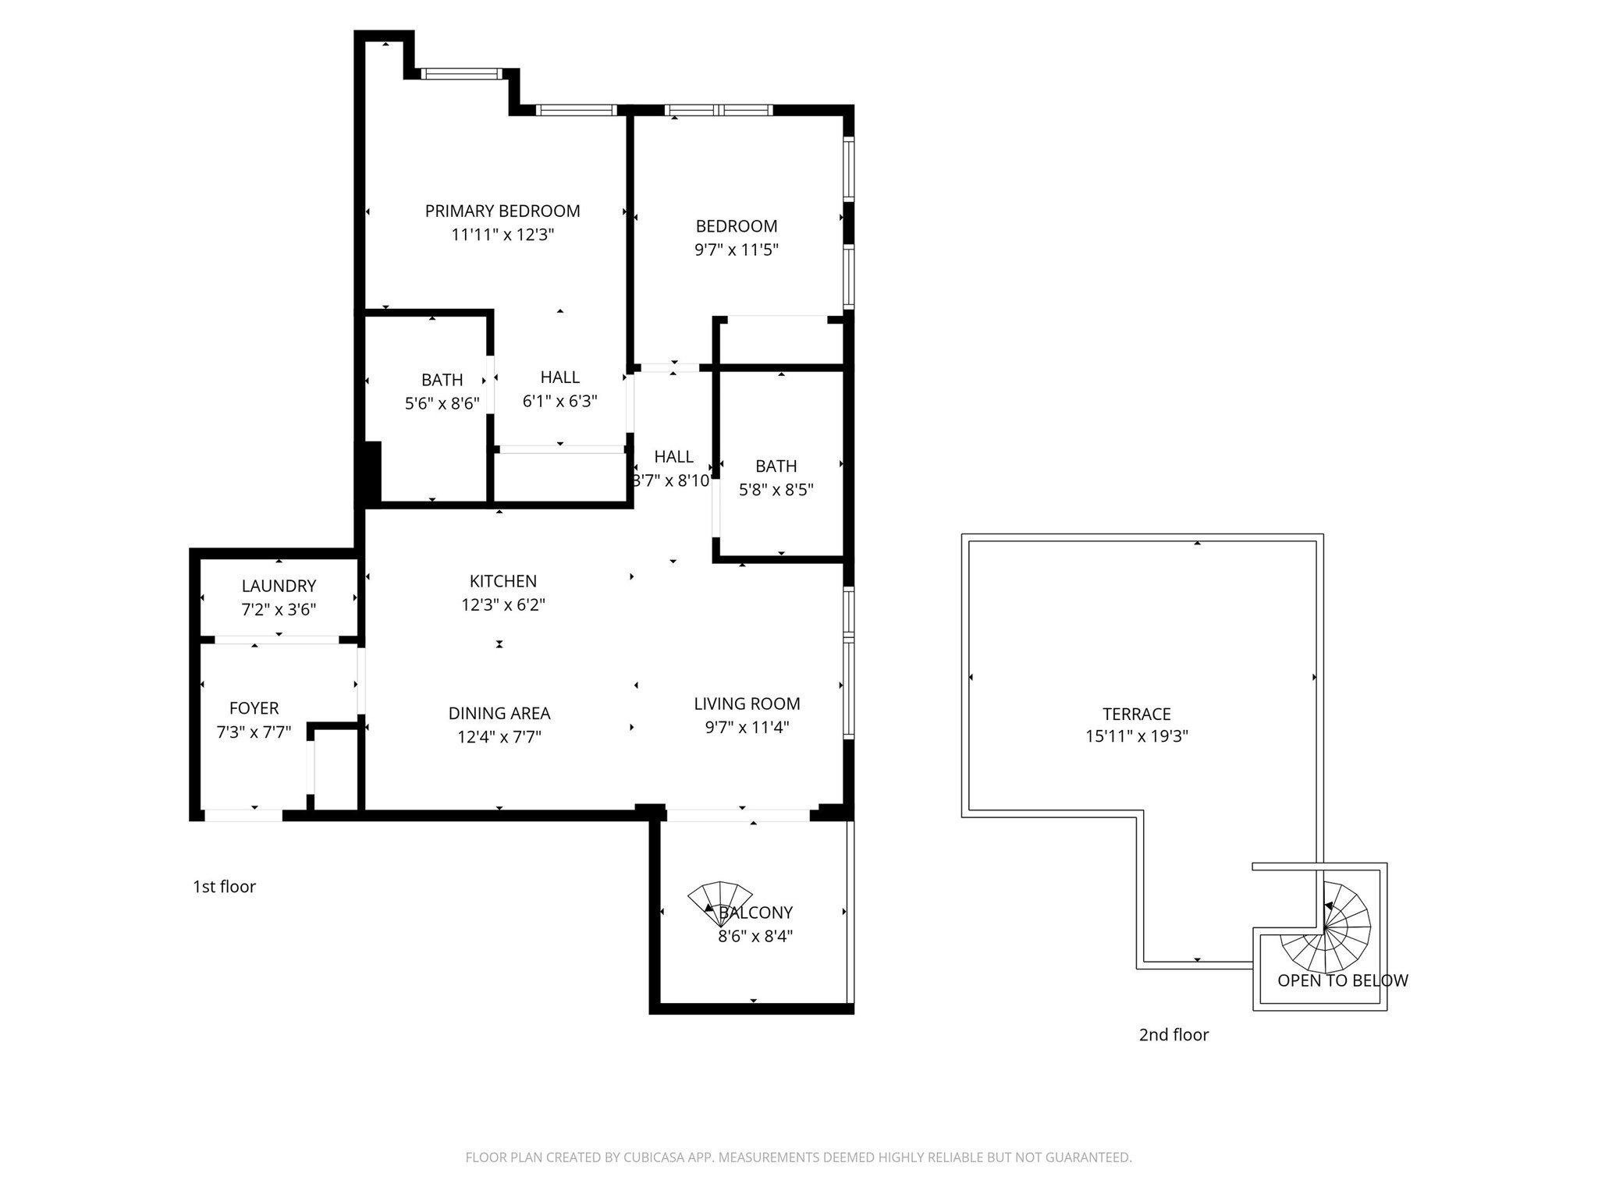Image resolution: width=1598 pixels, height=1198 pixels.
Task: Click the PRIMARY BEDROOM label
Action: coord(502,211)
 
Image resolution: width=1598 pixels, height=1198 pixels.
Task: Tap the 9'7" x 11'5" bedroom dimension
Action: coord(737,250)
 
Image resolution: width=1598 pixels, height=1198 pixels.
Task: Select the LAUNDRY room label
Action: coord(279,586)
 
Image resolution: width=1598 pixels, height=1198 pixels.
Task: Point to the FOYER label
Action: coord(254,708)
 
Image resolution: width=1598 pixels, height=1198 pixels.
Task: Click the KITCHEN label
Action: coord(503,581)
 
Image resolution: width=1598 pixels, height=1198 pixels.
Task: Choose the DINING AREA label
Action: coord(499,713)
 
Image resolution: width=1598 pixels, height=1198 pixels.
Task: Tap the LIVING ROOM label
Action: coord(747,704)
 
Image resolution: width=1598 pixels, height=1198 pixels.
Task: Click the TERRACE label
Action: coord(1137,714)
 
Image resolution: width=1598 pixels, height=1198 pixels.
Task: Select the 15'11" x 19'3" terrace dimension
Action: coord(1137,736)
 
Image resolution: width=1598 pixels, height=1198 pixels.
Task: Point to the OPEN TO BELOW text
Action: coord(1343,980)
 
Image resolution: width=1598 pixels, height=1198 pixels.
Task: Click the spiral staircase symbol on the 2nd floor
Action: coord(1326,927)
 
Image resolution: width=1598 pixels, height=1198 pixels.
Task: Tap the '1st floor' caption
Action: coord(225,887)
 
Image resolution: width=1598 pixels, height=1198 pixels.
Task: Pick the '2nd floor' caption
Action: coord(1174,1035)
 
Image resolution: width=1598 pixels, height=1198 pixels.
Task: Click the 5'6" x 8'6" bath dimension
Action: coord(442,403)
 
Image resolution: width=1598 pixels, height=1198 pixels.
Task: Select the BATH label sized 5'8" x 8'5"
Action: coord(776,466)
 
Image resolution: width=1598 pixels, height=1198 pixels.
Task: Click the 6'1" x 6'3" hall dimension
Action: coord(560,401)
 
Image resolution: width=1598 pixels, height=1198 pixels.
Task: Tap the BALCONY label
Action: coord(755,913)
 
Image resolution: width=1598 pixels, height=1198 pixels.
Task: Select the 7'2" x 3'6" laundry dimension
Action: coord(279,609)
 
